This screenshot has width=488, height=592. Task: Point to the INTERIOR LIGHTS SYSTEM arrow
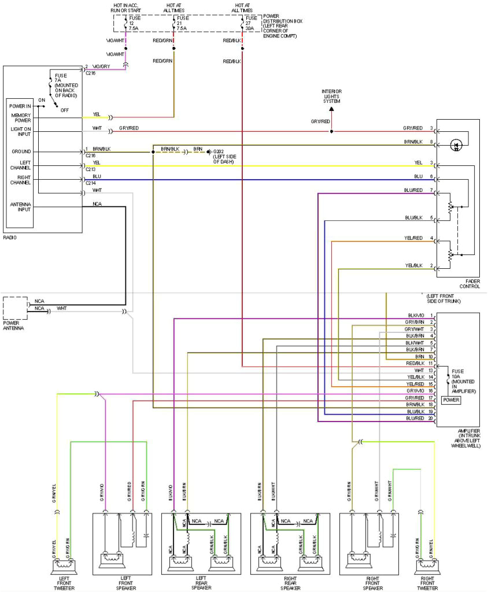point(331,108)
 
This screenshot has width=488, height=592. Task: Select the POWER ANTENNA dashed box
point(15,308)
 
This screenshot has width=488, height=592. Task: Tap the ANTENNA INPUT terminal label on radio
point(20,207)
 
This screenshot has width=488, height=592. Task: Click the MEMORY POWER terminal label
point(20,118)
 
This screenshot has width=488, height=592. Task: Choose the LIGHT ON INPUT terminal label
point(20,131)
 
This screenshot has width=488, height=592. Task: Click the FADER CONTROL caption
point(469,284)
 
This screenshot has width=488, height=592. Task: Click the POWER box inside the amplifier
point(451,399)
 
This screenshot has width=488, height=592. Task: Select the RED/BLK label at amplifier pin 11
point(416,363)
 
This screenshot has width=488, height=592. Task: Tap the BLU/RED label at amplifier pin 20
point(416,418)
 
